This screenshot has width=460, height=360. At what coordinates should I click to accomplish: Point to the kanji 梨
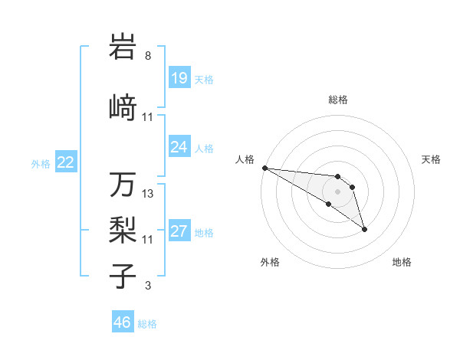click(x=123, y=228)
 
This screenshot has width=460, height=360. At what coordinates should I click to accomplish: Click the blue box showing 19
click(x=179, y=78)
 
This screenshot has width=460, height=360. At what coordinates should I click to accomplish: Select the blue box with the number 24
click(x=179, y=147)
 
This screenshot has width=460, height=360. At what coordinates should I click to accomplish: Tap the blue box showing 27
click(x=179, y=232)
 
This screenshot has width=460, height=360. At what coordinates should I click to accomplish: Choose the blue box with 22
click(x=66, y=162)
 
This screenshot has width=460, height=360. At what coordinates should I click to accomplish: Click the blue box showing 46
click(x=123, y=322)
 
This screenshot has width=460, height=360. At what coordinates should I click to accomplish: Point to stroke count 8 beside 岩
click(x=148, y=56)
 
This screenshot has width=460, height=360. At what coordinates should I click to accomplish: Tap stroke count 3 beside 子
click(x=148, y=286)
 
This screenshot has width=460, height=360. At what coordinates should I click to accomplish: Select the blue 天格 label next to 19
click(x=204, y=79)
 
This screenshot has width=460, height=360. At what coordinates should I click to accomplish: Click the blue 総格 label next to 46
click(x=147, y=323)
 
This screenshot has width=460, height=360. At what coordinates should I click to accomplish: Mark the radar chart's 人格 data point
click(x=264, y=168)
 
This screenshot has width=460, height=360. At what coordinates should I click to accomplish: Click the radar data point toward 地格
click(x=364, y=229)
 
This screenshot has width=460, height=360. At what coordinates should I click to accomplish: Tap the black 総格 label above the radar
click(x=337, y=100)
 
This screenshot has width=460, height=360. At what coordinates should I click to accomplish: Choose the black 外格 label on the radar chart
click(x=270, y=262)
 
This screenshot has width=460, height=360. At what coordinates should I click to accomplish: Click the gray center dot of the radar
click(x=337, y=191)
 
